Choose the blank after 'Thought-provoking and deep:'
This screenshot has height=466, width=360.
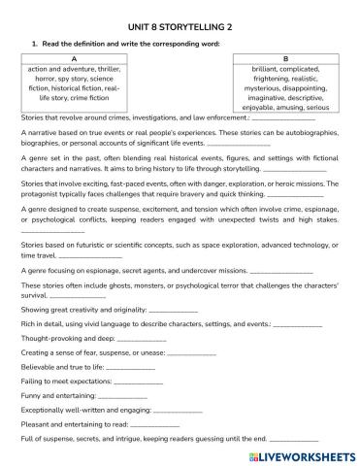pos(120,340)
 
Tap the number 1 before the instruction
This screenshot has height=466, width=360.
pos(35,44)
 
